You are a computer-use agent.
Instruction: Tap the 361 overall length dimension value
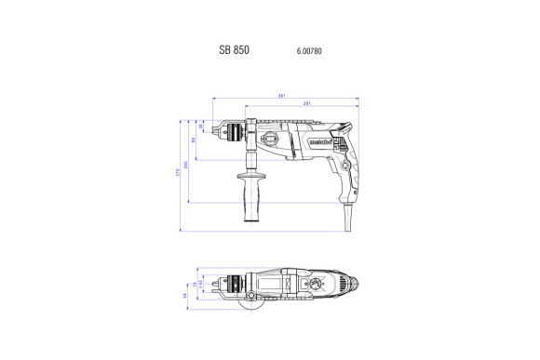coord(280,95)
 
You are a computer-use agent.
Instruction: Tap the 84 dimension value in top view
coord(185,296)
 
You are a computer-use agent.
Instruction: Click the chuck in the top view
coord(229,283)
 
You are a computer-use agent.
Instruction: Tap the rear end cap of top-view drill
coord(352,283)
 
